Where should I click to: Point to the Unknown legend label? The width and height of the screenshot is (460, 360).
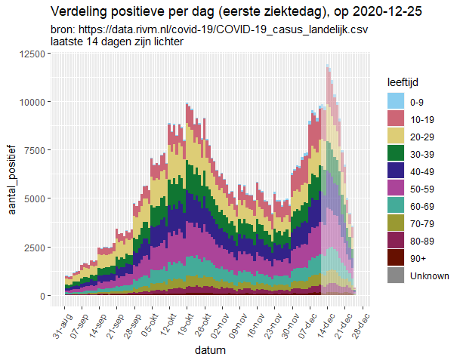(429, 276)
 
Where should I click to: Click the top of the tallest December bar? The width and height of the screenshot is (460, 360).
(328, 66)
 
